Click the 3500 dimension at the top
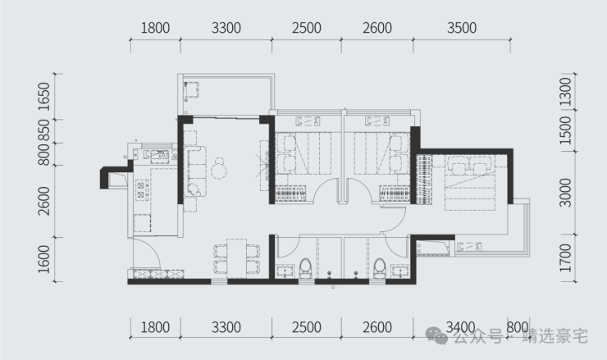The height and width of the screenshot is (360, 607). coord(462,28)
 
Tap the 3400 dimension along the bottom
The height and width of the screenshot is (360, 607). coord(460,327)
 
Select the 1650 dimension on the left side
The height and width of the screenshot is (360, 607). coord(44,97)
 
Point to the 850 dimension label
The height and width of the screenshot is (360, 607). coord(44,130)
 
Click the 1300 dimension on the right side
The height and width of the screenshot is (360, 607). coord(566,92)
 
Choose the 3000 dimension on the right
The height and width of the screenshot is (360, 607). coord(566,193)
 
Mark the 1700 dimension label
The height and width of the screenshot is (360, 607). coord(566,257)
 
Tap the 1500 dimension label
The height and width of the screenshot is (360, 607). coord(566,130)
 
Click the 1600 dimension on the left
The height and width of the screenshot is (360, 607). coord(44,259)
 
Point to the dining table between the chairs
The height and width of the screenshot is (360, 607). coord(236,258)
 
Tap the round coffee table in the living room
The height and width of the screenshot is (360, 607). coord(219,171)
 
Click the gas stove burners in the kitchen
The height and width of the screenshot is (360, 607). coord(141,189)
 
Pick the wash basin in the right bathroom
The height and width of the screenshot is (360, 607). coord(400,271)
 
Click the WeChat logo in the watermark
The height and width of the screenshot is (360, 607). coord(436,335)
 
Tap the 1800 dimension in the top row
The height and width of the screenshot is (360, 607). coord(155,28)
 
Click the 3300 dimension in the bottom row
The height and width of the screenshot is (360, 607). coord(226,327)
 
